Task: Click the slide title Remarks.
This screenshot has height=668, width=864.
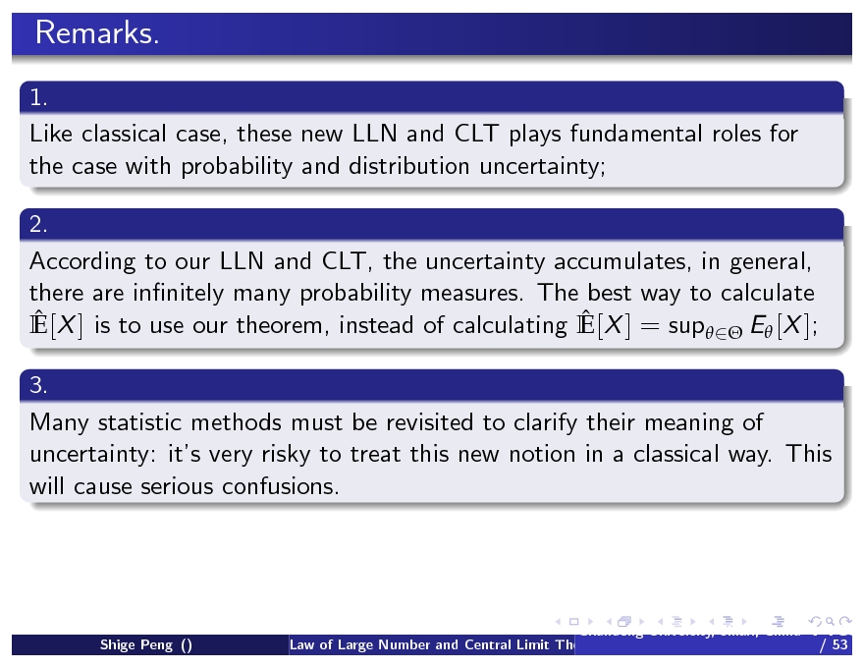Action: pos(96,34)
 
